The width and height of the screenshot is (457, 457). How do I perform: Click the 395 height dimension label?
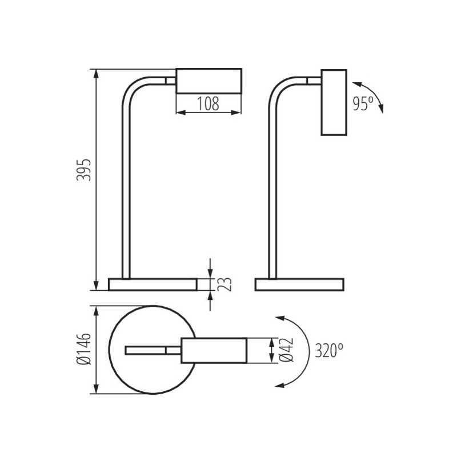84,170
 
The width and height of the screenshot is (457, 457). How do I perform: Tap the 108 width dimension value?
208,104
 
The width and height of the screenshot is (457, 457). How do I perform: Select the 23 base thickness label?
225,284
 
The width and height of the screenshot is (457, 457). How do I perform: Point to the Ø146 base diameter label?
84,349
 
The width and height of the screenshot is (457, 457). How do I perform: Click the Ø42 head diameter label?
286,350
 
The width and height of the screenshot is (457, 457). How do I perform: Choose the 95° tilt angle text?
363,103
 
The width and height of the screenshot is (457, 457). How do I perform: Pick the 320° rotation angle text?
329,350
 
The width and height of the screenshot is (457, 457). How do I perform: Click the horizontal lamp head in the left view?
209,81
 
